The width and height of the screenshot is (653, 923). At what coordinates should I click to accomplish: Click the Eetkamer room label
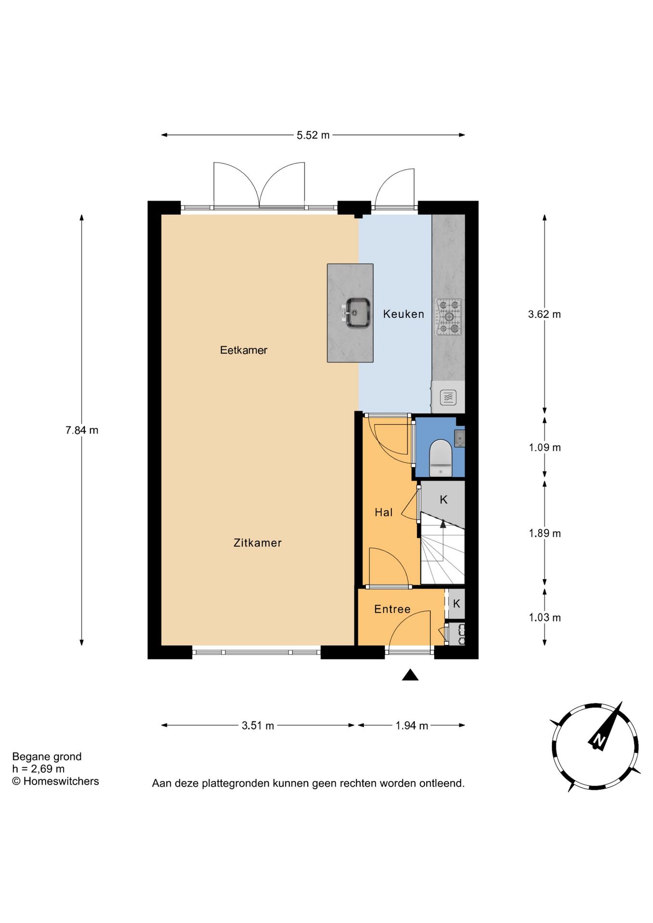243,350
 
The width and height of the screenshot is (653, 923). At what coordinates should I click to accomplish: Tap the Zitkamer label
257,543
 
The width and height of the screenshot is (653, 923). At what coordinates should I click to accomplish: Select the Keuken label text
403,314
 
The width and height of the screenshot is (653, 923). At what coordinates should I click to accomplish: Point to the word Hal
384,512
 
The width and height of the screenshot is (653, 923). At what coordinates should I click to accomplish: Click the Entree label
392,609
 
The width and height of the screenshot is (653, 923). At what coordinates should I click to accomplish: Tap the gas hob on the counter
449,317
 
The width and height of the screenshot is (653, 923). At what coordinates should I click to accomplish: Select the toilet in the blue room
440,458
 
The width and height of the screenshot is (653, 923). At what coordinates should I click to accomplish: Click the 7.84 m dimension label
82,430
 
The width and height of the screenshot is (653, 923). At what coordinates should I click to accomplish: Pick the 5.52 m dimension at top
313,135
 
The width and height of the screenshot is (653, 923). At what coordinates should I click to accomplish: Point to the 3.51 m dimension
258,725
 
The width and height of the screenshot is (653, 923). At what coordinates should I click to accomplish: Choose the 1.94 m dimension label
412,725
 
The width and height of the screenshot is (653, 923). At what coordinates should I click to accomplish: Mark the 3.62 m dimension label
544,314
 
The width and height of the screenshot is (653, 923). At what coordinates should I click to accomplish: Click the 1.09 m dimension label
545,448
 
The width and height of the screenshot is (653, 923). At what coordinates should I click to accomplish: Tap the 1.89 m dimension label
545,533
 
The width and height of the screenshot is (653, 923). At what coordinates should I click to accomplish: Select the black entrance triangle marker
410,675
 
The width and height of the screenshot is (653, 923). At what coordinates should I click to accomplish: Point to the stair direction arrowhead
443,524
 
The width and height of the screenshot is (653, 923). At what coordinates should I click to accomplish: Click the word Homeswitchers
61,781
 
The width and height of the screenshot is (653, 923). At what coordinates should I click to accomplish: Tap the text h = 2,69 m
38,769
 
